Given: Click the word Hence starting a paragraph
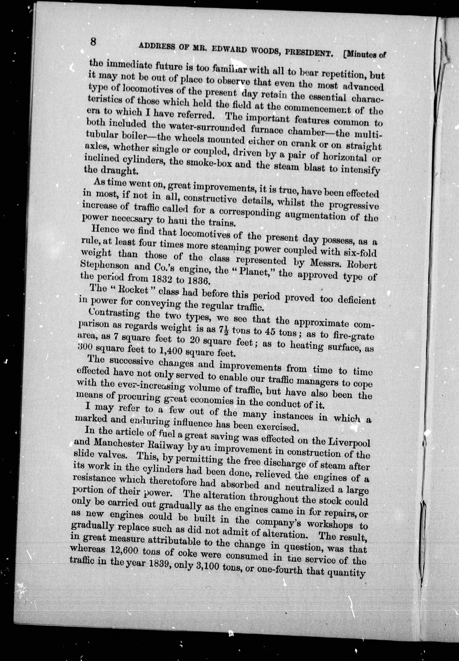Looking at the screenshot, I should [104, 230].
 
